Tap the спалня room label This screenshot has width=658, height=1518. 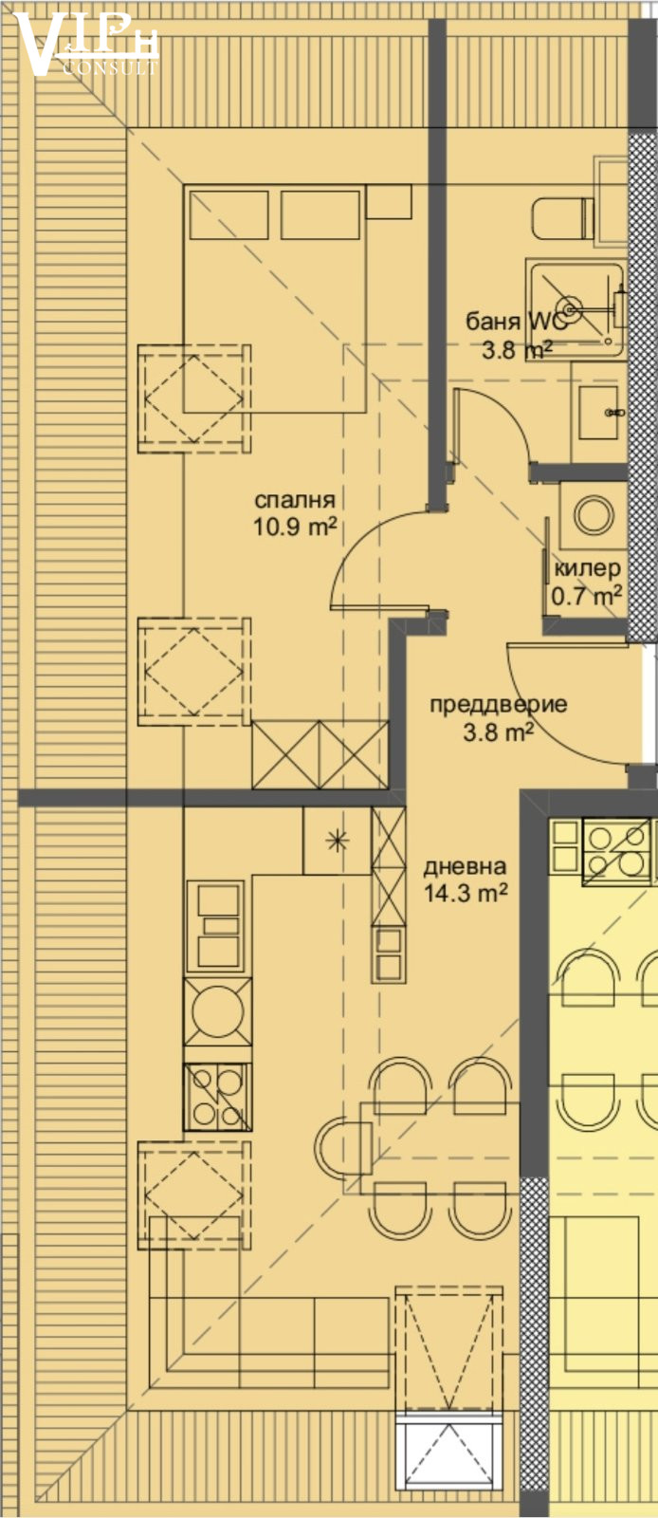point(295,500)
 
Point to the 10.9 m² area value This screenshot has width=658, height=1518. point(295,527)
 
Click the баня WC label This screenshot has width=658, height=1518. point(516,322)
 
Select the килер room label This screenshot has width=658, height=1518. point(587,568)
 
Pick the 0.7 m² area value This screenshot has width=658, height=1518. point(587,597)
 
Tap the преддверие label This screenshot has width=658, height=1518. point(498,705)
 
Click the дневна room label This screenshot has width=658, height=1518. point(465,866)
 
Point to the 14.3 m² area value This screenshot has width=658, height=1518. point(466,893)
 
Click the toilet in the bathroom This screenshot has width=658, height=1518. point(563,218)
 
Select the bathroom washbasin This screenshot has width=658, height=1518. point(598,413)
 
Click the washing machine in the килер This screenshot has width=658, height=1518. point(594,516)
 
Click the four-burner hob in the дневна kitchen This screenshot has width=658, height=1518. point(217,1097)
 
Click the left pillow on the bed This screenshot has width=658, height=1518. point(229,214)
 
